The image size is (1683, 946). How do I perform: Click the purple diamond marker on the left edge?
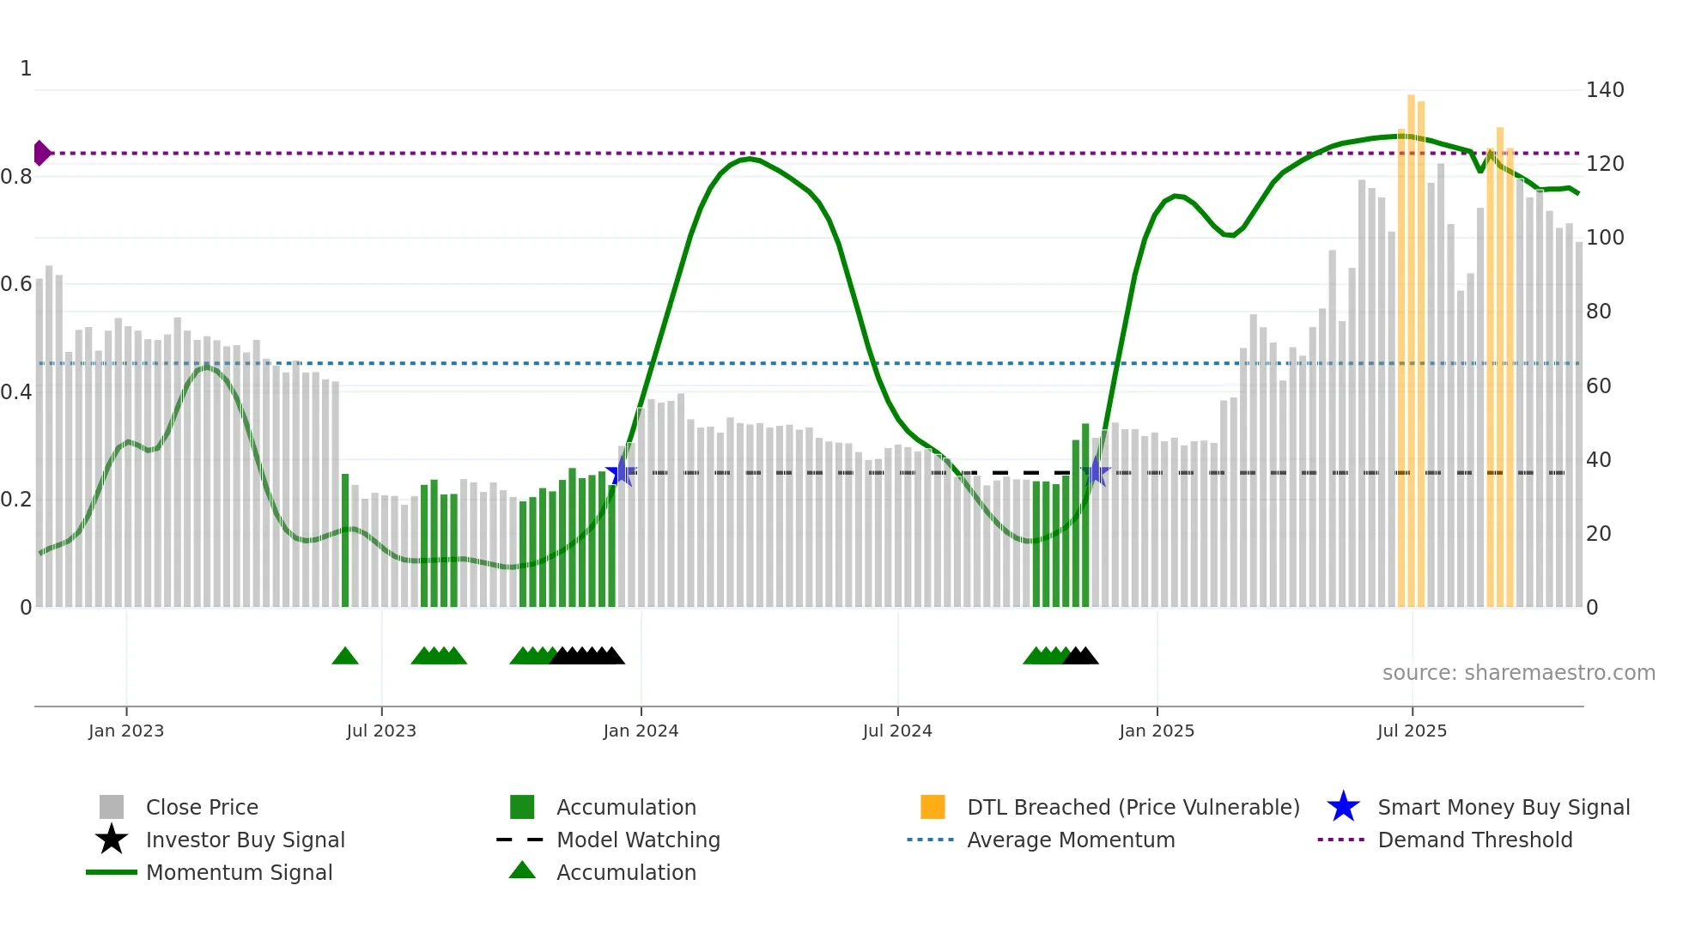41,153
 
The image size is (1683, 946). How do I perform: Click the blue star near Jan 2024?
621,472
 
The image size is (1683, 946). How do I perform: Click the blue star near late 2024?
1096,472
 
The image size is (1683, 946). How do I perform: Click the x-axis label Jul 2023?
381,731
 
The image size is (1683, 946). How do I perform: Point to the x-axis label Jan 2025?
1157,731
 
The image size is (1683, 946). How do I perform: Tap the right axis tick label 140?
1604,90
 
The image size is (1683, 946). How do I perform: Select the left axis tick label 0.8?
16,177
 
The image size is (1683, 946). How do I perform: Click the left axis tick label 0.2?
16,500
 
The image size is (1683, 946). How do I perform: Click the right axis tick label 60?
1598,386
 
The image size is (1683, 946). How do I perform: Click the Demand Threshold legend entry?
1474,840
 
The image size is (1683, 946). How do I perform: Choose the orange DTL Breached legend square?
933,807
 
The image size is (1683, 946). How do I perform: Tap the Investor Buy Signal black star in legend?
112,840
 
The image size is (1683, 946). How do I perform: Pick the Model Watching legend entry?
637,840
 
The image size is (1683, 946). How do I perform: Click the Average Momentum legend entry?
1070,840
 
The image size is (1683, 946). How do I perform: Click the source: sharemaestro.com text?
1518,673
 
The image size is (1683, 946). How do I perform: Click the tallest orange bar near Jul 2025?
1411,343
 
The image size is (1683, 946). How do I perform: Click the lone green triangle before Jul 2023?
345,657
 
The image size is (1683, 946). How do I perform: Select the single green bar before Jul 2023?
345,541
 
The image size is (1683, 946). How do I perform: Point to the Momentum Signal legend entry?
238,872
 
